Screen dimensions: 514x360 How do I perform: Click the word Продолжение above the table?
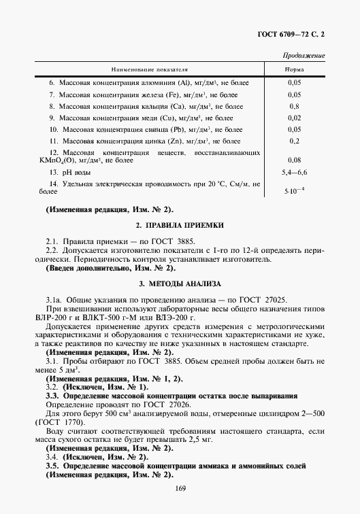(303, 55)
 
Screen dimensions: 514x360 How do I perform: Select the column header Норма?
(294, 69)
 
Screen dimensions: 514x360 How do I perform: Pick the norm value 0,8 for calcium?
(294, 106)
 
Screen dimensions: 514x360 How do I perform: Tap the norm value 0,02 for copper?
(294, 118)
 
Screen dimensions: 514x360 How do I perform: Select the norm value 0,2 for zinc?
(294, 141)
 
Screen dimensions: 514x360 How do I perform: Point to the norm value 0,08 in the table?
(294, 160)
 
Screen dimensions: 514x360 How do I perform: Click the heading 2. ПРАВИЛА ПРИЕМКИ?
(180, 224)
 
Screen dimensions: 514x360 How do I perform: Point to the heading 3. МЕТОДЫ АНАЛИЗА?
(180, 283)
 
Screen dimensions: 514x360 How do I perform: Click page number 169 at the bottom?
(180, 487)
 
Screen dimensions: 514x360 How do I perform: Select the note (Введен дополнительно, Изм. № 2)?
(110, 269)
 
